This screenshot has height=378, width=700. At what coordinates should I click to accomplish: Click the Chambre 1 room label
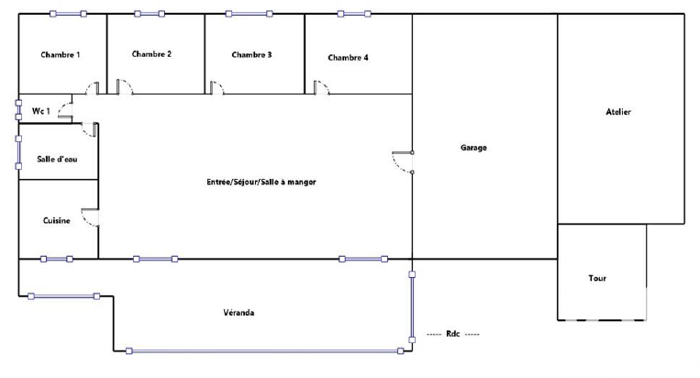click(61, 56)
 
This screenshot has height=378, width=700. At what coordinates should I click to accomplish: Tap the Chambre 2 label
click(152, 54)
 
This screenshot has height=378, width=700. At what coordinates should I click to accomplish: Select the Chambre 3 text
click(251, 55)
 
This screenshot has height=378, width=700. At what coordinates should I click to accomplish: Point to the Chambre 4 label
click(349, 58)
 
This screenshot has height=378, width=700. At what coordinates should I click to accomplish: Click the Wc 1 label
click(40, 111)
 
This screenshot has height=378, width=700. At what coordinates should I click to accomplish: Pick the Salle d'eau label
click(56, 160)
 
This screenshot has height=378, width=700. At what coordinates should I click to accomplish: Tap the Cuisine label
click(57, 220)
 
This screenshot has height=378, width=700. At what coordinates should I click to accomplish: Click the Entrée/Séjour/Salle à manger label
click(261, 183)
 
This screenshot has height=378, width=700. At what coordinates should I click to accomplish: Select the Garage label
click(473, 147)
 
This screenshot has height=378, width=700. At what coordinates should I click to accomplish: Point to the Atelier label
click(618, 112)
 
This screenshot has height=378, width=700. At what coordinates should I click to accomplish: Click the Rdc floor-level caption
click(452, 334)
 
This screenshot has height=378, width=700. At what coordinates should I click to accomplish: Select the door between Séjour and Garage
click(403, 161)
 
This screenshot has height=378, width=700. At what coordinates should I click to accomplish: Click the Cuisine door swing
click(90, 218)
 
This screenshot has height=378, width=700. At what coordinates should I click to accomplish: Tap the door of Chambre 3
click(217, 88)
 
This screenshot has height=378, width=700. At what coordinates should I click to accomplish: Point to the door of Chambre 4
click(321, 88)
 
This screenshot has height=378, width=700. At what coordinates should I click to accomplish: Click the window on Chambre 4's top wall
click(353, 14)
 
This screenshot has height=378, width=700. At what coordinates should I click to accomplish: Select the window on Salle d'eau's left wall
click(18, 151)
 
